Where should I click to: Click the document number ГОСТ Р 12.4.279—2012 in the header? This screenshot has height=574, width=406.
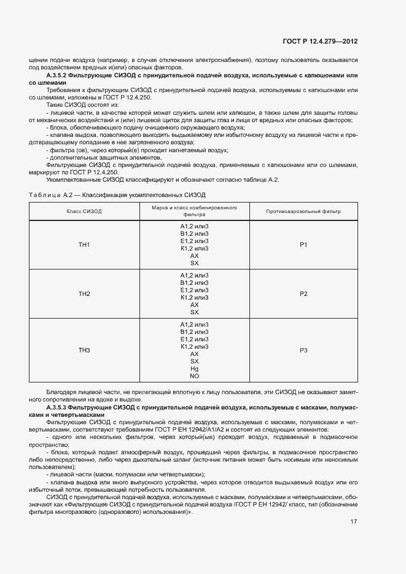coord(319,41)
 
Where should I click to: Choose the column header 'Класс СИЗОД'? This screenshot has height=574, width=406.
coord(84,211)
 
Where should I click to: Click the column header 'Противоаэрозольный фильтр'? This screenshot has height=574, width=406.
coord(303,211)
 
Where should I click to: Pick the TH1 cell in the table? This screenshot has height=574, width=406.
coord(84,245)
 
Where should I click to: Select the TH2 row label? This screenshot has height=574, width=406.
coord(84,294)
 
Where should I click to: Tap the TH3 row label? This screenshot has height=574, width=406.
coord(84,351)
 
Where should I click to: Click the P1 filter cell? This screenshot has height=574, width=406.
coord(303,245)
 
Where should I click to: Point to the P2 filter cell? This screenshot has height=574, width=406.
coord(303,294)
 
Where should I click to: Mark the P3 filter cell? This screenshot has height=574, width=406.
coord(303,351)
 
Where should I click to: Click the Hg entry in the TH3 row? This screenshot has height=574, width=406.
coord(195,368)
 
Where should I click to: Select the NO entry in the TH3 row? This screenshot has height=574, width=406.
coord(195,376)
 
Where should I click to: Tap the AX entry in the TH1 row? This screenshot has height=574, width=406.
coord(195,255)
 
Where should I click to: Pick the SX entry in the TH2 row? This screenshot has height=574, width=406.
coord(195,312)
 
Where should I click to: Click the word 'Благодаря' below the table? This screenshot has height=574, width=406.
coord(60,392)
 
